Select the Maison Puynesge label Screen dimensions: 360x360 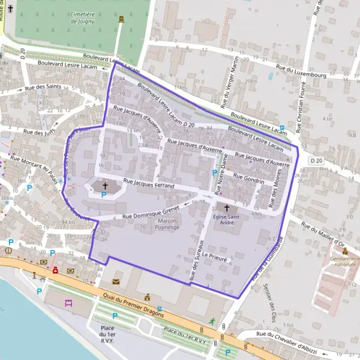pos(168,224)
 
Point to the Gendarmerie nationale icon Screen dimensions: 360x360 pos(344,251)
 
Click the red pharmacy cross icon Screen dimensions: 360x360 pos(55,270)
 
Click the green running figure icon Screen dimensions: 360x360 pos(211,321)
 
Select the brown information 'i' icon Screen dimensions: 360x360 pos(8,250)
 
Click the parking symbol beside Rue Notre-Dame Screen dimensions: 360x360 pos(215,173)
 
